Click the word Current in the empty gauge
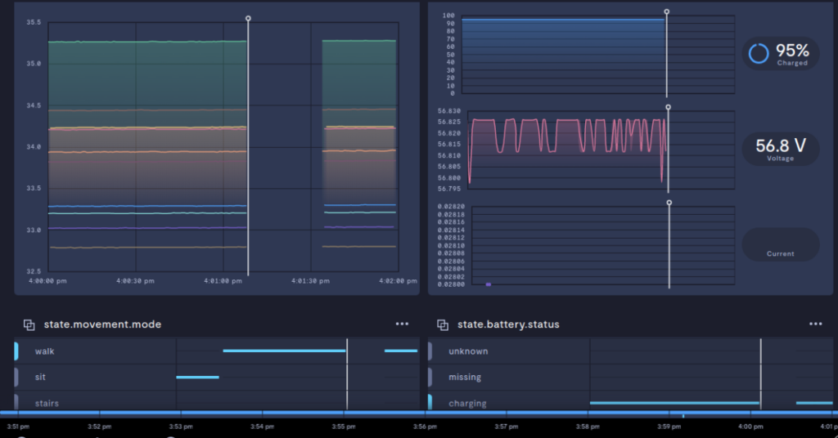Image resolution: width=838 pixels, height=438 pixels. pyautogui.click(x=780, y=253)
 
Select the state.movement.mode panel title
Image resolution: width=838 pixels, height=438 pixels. pyautogui.click(x=102, y=324)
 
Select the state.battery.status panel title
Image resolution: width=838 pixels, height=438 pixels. pyautogui.click(x=508, y=324)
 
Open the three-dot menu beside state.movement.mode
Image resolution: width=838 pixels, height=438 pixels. pyautogui.click(x=402, y=324)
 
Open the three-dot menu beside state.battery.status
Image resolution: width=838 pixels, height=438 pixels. pyautogui.click(x=815, y=324)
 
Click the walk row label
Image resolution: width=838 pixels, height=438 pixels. pyautogui.click(x=45, y=351)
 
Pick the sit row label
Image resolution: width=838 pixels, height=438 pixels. pyautogui.click(x=40, y=378)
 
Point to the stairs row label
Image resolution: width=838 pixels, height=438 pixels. pyautogui.click(x=47, y=403)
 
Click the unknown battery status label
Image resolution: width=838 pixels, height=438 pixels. pyautogui.click(x=468, y=351)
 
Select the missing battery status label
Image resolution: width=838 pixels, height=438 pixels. pyautogui.click(x=465, y=378)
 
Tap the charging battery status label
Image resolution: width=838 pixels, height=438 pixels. pyautogui.click(x=467, y=403)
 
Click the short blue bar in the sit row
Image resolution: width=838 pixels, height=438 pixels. pyautogui.click(x=197, y=377)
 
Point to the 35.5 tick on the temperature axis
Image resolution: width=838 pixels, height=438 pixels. pyautogui.click(x=33, y=22)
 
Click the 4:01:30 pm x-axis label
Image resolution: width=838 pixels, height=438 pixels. pyautogui.click(x=310, y=280)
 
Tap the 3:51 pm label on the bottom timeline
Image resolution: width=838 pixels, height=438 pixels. pyautogui.click(x=18, y=426)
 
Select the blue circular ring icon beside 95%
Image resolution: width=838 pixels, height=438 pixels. pyautogui.click(x=759, y=53)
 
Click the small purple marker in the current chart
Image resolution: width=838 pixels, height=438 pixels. pyautogui.click(x=489, y=284)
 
